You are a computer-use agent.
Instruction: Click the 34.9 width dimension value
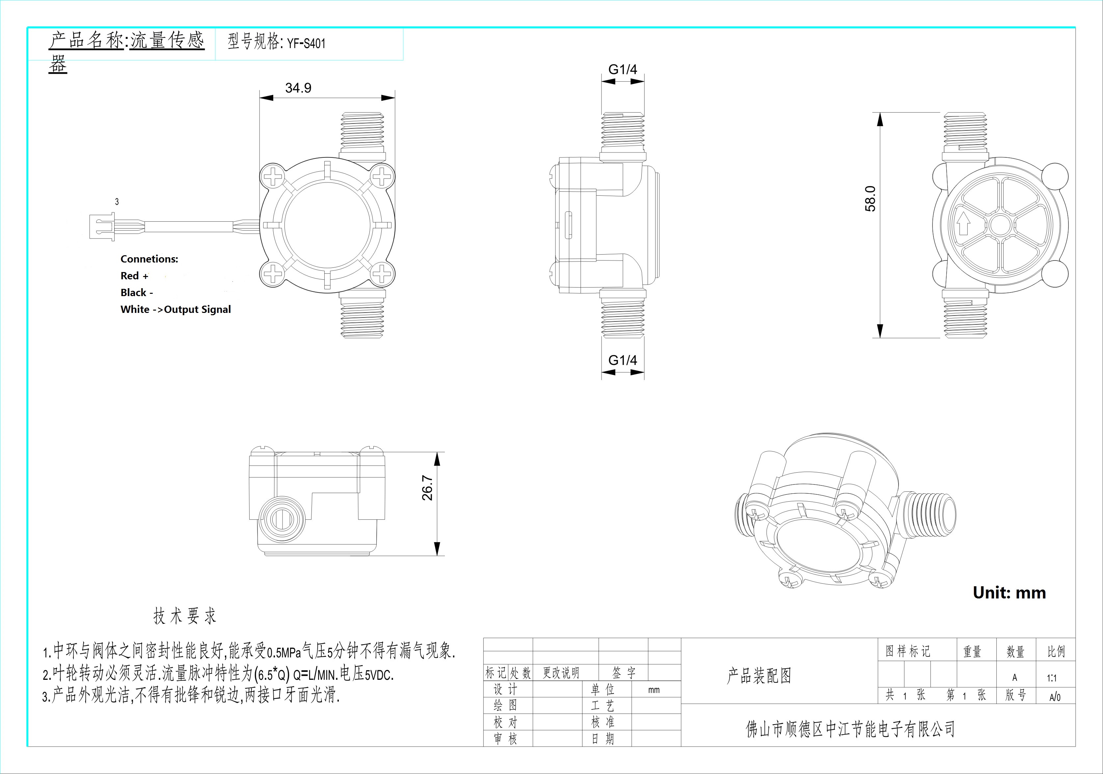[298, 88]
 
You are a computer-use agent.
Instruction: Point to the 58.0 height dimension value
[870, 198]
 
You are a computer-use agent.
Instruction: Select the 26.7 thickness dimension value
[427, 488]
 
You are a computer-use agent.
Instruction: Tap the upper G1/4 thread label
[623, 70]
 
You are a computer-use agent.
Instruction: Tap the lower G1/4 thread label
[623, 360]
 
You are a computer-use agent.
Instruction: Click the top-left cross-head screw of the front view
[273, 177]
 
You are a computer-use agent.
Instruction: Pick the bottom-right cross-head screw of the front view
[381, 274]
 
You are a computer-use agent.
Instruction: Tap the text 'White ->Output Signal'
[176, 309]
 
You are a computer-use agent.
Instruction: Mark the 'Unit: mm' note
[1009, 593]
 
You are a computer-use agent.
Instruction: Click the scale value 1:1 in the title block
[1052, 678]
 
